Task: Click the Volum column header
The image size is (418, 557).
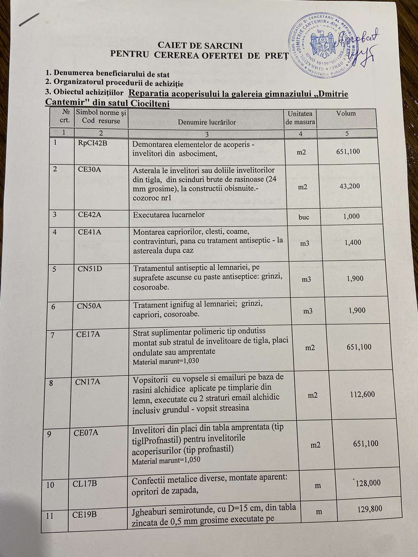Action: click(346, 113)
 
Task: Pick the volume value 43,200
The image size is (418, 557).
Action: click(350, 186)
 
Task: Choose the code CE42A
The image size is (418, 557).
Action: click(90, 214)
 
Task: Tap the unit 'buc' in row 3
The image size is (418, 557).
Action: click(304, 217)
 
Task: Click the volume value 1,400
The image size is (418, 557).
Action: click(353, 243)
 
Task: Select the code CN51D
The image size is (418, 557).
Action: click(90, 269)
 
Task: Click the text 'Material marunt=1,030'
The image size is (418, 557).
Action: click(166, 361)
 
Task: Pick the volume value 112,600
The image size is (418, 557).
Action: click(362, 394)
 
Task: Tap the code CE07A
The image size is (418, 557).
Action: click(86, 433)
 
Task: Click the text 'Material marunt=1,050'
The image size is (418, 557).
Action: click(166, 461)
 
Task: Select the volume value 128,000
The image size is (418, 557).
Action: click(368, 483)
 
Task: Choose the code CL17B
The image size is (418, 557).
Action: click(85, 484)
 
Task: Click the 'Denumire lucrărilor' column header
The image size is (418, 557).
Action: click(207, 122)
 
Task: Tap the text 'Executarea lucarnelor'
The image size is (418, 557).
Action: click(169, 215)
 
